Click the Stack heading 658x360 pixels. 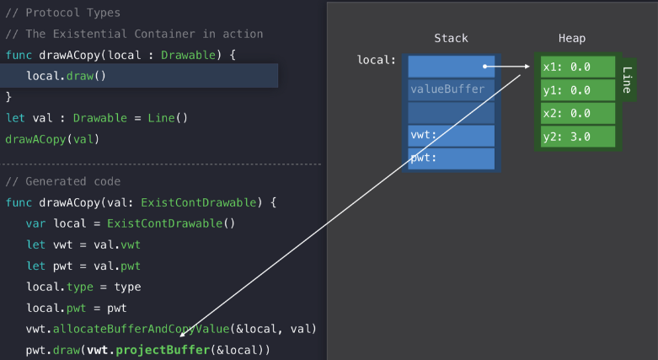click(x=451, y=39)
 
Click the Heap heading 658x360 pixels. click(x=572, y=39)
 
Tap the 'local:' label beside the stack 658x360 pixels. click(x=376, y=60)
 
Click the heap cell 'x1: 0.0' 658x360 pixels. click(x=578, y=67)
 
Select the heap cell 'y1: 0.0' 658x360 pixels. click(x=578, y=89)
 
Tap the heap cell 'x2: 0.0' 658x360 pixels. click(x=578, y=113)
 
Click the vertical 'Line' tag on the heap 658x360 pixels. click(x=627, y=81)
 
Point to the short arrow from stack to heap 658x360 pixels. click(x=510, y=66)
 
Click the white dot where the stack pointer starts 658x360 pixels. click(x=484, y=66)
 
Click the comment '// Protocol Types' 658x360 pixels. click(x=62, y=13)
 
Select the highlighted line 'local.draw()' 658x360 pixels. click(x=66, y=76)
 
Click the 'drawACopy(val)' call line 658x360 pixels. click(x=47, y=139)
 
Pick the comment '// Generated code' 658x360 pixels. click(x=62, y=181)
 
